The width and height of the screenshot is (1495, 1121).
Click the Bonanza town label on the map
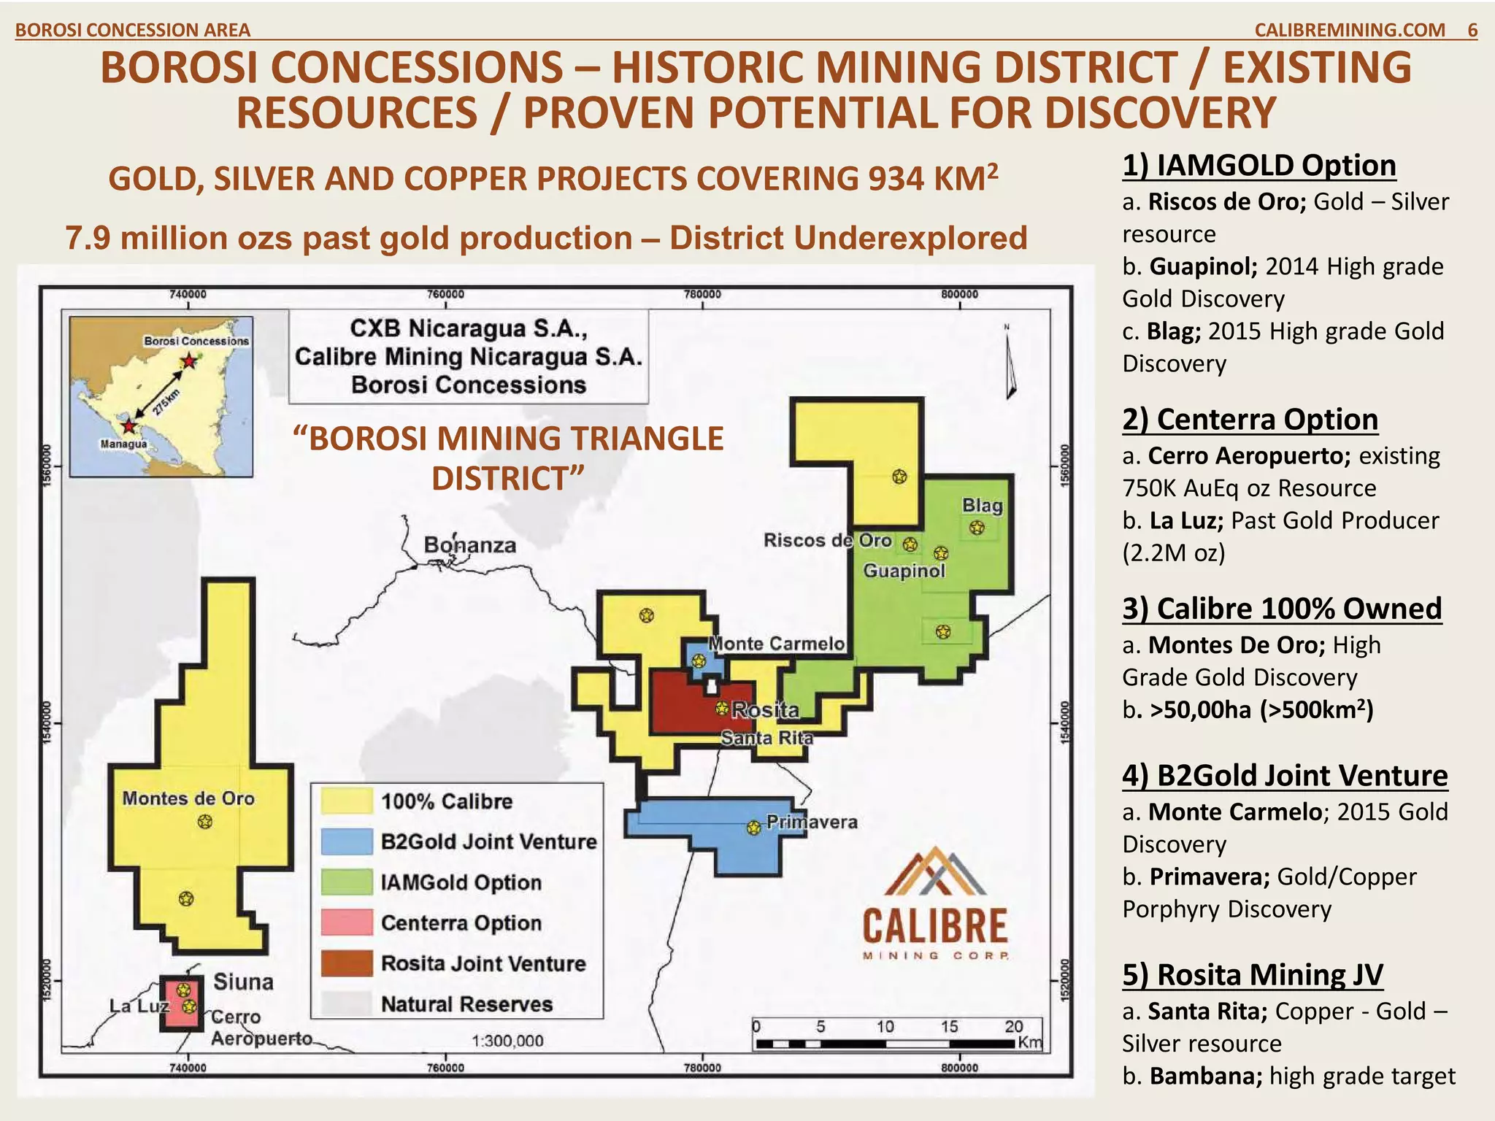[469, 545]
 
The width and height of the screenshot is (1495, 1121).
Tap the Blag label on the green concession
[982, 505]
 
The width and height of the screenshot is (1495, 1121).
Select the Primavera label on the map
[812, 822]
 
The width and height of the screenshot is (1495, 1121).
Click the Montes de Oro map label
[188, 798]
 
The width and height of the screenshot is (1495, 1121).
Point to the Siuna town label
[243, 982]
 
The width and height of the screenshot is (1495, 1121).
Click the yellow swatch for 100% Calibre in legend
[347, 801]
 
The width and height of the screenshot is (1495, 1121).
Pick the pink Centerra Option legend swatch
[347, 922]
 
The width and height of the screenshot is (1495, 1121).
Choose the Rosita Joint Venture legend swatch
[347, 963]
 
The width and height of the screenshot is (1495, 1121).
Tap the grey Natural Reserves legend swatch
[347, 1004]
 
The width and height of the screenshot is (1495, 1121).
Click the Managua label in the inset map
[123, 444]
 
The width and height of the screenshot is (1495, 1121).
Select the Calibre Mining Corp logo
[935, 905]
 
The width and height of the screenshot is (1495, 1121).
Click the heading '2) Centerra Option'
[1250, 420]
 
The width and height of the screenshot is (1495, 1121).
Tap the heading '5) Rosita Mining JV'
[1252, 974]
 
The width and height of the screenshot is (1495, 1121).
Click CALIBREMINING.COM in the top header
[1349, 30]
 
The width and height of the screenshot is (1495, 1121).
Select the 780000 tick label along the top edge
[702, 294]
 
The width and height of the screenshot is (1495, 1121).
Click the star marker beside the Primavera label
[754, 828]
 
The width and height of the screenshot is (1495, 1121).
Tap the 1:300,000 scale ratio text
[507, 1041]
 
